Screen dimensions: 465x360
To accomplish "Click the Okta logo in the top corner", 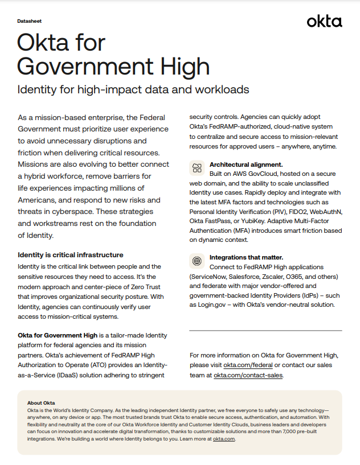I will pos(324,22).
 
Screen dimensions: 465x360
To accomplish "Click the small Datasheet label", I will pos(28,19).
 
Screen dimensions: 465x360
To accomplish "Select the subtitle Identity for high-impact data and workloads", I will pos(133,90).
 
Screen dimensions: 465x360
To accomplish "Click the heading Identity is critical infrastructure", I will pos(71,254).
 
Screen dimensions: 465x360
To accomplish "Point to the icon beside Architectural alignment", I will pos(197,167).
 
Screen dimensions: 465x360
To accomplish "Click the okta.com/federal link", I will pos(248,365).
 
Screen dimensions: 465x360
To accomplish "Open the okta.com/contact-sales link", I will pos(248,376).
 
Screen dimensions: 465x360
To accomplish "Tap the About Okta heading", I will pos(41,403).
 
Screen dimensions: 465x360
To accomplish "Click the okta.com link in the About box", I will pos(223,439).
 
